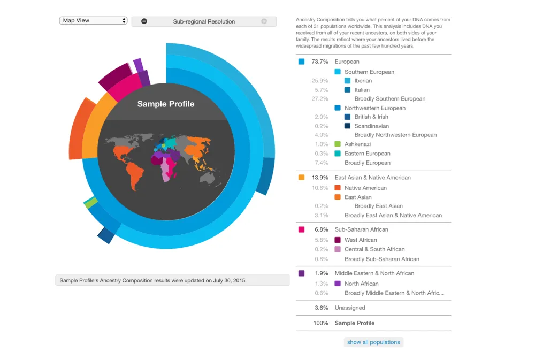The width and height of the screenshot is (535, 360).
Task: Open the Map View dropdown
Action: click(x=94, y=21)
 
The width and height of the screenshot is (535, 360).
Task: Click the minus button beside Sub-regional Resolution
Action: click(x=144, y=21)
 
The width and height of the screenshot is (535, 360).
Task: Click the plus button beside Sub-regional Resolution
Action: click(x=264, y=21)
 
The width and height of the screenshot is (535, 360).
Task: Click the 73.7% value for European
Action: click(x=319, y=62)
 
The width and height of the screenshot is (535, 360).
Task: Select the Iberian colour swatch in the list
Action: click(x=347, y=81)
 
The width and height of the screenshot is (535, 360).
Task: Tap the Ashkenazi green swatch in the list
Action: click(x=338, y=144)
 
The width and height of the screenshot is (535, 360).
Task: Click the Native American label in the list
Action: click(x=365, y=188)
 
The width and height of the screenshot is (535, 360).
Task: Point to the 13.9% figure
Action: click(x=319, y=177)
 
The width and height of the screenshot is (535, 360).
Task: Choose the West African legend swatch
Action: click(x=338, y=240)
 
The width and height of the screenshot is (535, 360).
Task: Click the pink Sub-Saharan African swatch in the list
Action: click(x=302, y=229)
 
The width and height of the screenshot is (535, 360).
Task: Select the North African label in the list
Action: click(x=361, y=284)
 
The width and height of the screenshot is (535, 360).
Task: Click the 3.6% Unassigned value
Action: click(x=320, y=308)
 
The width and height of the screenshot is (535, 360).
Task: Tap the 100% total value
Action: click(x=320, y=323)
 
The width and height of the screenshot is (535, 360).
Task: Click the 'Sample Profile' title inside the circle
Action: click(x=166, y=104)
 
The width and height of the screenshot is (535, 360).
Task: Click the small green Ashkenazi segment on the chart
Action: click(x=91, y=203)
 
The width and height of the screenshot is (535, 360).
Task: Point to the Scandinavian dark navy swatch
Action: click(x=347, y=126)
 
